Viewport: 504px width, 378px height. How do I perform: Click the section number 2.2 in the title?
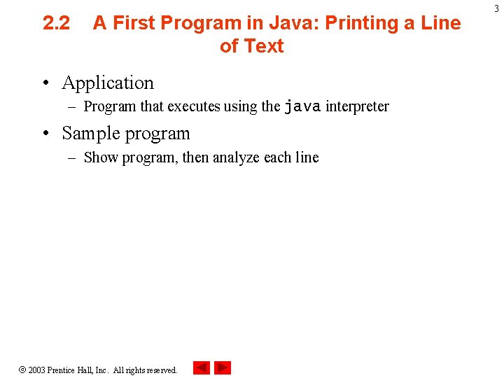click(56, 23)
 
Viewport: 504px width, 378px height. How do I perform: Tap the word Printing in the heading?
click(365, 23)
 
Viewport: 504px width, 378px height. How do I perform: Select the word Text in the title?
click(264, 46)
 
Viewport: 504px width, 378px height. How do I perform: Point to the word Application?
click(108, 83)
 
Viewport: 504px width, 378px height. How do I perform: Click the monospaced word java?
click(302, 106)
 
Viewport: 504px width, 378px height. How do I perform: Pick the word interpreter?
click(357, 106)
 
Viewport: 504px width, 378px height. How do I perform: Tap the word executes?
click(193, 106)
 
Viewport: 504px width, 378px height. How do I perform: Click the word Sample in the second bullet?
click(90, 133)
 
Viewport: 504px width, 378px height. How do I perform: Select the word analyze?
click(237, 157)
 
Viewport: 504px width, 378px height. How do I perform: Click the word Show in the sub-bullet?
click(101, 157)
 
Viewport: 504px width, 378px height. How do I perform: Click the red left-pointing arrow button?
click(202, 367)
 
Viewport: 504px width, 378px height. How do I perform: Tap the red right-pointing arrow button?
click(223, 367)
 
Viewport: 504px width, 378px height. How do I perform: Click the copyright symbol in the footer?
click(22, 370)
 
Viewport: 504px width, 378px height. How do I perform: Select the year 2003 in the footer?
click(36, 370)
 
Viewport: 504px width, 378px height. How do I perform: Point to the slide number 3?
click(496, 8)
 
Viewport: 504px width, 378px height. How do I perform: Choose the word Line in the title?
click(442, 23)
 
